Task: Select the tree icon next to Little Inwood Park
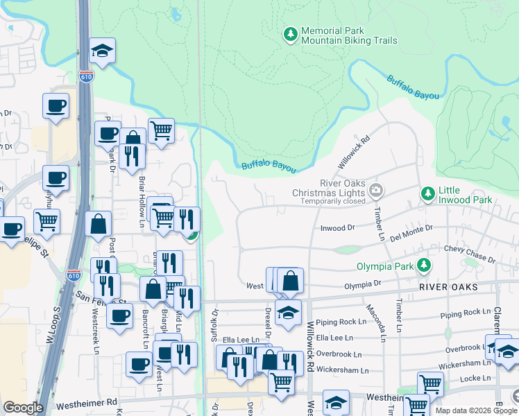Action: coord(428,193)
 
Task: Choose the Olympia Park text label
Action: coord(386,266)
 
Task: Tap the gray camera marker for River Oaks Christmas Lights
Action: coord(376,189)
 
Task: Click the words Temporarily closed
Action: coord(332,202)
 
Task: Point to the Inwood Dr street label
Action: coord(337,227)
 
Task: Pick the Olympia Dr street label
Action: coord(364,284)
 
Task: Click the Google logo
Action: coord(23,408)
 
